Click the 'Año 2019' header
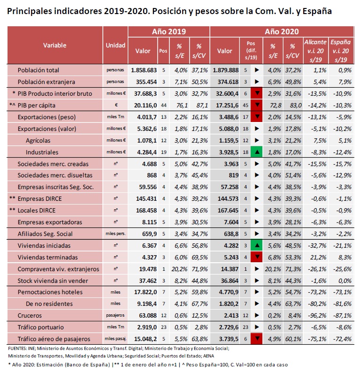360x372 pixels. click(x=169, y=31)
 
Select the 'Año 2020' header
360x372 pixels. click(x=282, y=31)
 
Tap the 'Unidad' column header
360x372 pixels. click(x=115, y=46)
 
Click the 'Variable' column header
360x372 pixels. click(x=55, y=46)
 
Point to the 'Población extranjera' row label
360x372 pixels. click(x=46, y=82)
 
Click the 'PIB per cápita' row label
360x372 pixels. click(x=36, y=106)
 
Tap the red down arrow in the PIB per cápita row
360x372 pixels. click(x=257, y=105)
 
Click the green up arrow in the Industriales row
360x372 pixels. click(x=257, y=152)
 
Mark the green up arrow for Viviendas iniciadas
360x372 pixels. click(x=257, y=245)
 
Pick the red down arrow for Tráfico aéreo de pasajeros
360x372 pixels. click(x=257, y=339)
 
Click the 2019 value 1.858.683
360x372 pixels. click(x=144, y=70)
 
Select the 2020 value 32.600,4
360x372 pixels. click(x=227, y=94)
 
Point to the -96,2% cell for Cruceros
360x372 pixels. click(x=317, y=316)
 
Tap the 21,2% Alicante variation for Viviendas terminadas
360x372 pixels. click(x=320, y=258)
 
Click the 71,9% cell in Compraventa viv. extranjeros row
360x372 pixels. click(x=199, y=269)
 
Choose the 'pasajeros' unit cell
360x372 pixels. click(x=115, y=316)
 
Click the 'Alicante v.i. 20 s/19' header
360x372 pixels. click(x=315, y=51)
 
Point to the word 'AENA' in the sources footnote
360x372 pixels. click(x=208, y=356)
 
